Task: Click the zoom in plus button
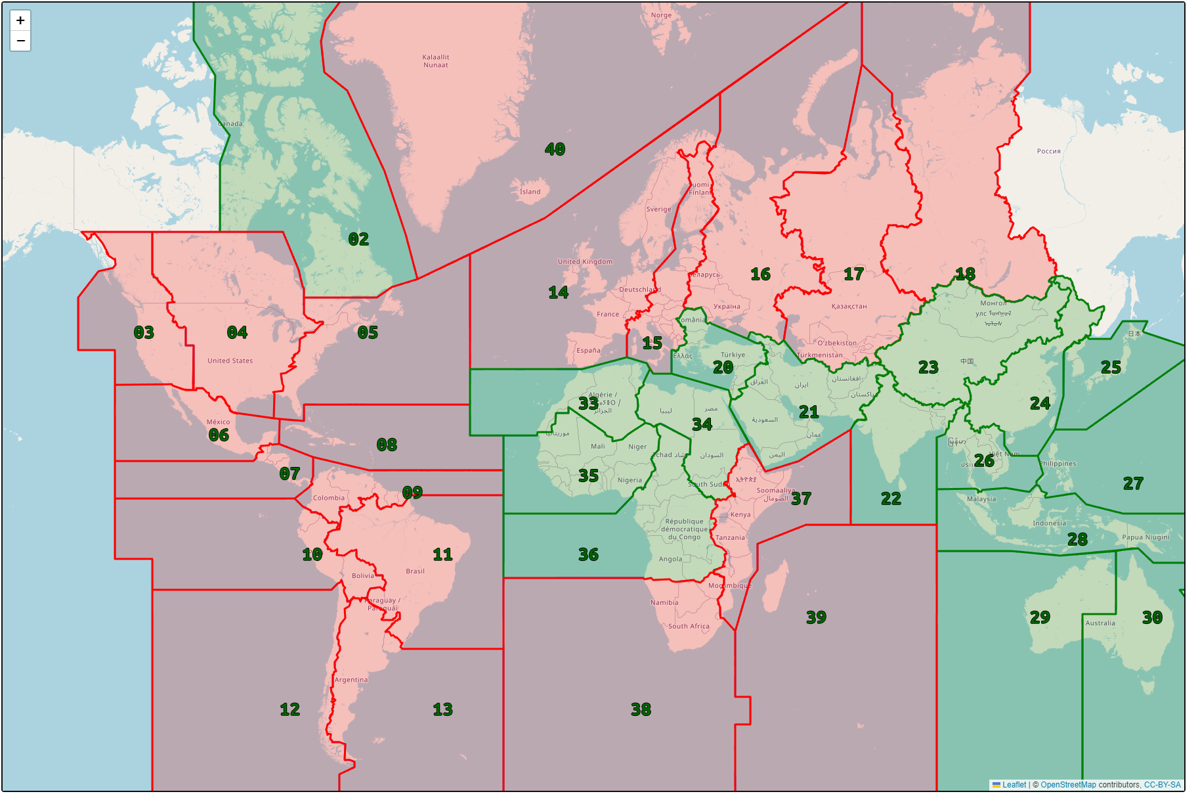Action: pyautogui.click(x=20, y=20)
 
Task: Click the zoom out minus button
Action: pyautogui.click(x=20, y=41)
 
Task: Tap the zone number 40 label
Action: pyautogui.click(x=555, y=150)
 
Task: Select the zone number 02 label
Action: pyautogui.click(x=358, y=239)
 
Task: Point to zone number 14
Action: pyautogui.click(x=559, y=292)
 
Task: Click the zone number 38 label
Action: pyautogui.click(x=641, y=709)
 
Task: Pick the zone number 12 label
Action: pyautogui.click(x=289, y=709)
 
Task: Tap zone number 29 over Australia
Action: pyautogui.click(x=1040, y=617)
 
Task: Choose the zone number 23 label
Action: pyautogui.click(x=928, y=367)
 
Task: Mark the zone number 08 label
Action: pyautogui.click(x=387, y=445)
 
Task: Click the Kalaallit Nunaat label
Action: pyautogui.click(x=436, y=61)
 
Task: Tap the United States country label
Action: pyautogui.click(x=230, y=361)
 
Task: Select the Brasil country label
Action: pyautogui.click(x=415, y=571)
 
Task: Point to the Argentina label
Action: pyautogui.click(x=351, y=680)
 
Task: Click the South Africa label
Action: pyautogui.click(x=689, y=626)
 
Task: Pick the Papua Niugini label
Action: pyautogui.click(x=1145, y=537)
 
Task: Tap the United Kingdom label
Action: pyautogui.click(x=585, y=261)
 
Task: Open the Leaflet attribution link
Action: pyautogui.click(x=1014, y=785)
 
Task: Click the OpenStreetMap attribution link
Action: pyautogui.click(x=1068, y=785)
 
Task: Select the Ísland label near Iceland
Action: pyautogui.click(x=530, y=192)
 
